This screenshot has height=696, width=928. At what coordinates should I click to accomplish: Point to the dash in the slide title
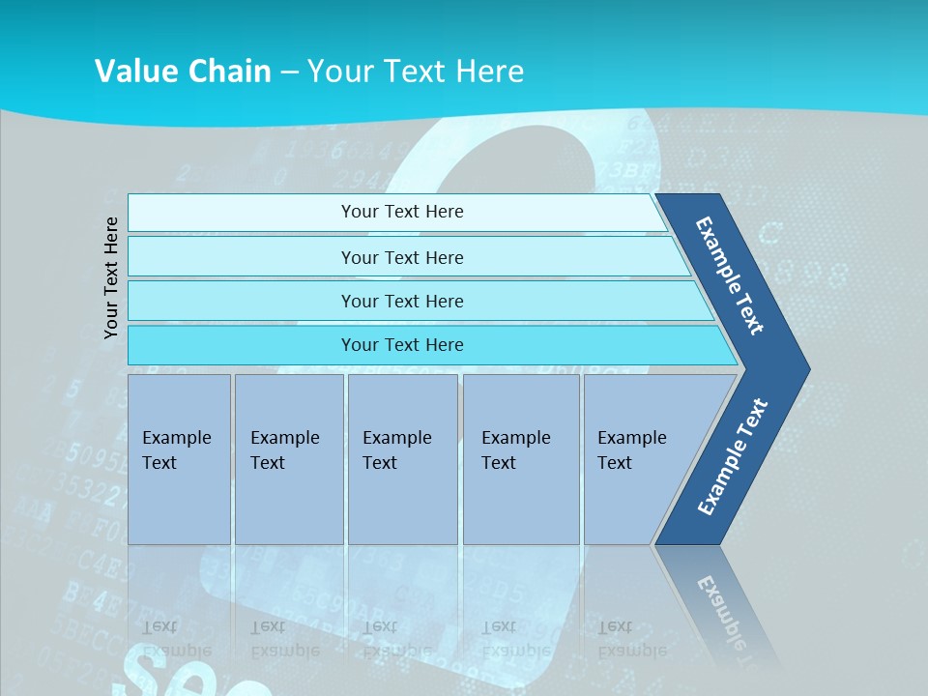(x=289, y=72)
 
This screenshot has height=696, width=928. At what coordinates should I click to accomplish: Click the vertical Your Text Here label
(x=112, y=277)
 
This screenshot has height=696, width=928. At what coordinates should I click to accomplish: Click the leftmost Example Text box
(x=179, y=458)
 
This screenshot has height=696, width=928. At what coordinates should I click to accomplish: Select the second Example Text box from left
(x=288, y=458)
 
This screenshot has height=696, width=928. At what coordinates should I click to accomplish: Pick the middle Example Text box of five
(x=402, y=458)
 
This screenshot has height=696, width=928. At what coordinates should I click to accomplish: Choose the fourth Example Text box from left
(x=520, y=458)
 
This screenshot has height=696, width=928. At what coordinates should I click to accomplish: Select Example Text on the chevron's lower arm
(x=733, y=457)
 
